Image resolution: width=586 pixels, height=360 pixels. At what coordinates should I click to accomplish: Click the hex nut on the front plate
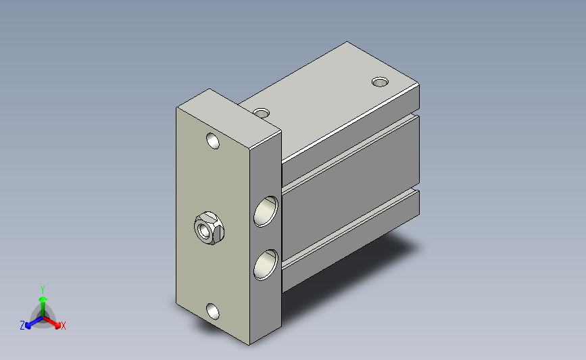click(x=209, y=228)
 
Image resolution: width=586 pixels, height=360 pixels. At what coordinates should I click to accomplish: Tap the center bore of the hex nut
click(x=204, y=230)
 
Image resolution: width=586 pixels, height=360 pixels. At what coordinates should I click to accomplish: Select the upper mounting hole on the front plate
click(x=213, y=140)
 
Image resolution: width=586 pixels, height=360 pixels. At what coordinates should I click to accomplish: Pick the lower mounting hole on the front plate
click(x=213, y=311)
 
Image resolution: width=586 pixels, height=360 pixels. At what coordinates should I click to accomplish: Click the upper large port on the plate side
click(x=266, y=211)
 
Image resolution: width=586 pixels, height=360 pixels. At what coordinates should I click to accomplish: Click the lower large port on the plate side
click(x=266, y=265)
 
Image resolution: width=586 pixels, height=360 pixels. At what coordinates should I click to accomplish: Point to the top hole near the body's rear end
click(x=380, y=82)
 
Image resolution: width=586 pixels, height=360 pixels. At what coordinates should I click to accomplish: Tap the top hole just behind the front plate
click(x=262, y=112)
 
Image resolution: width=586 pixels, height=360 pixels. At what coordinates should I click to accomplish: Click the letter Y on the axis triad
click(x=43, y=290)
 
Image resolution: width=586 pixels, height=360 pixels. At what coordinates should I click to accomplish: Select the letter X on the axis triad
click(x=63, y=326)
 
